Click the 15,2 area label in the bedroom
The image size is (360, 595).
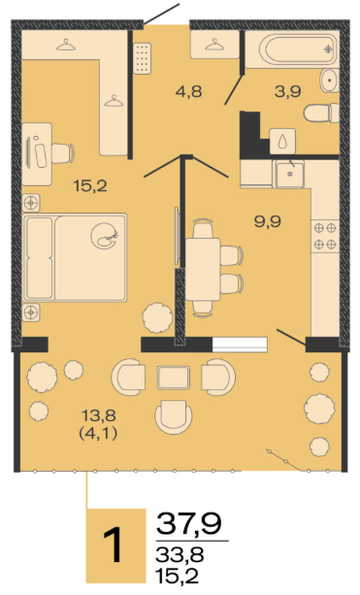point(90,186)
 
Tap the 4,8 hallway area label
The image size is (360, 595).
point(188,91)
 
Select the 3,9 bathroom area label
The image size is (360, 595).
point(288,91)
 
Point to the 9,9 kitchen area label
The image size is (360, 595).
point(268,221)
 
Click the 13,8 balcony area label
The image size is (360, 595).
point(99,415)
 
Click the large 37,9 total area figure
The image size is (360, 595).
point(189,523)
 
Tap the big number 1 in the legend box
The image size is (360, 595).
point(113,545)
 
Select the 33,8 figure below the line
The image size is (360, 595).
point(180,555)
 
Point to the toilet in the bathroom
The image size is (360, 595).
point(321,114)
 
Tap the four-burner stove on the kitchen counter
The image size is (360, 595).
point(325,236)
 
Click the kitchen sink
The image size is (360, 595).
point(290,174)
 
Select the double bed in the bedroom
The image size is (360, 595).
point(75,257)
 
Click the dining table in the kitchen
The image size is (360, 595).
point(203,270)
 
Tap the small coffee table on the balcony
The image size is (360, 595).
point(174,378)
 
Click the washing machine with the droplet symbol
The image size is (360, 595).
point(282,141)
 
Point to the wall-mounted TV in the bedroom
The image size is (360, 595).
point(177,236)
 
